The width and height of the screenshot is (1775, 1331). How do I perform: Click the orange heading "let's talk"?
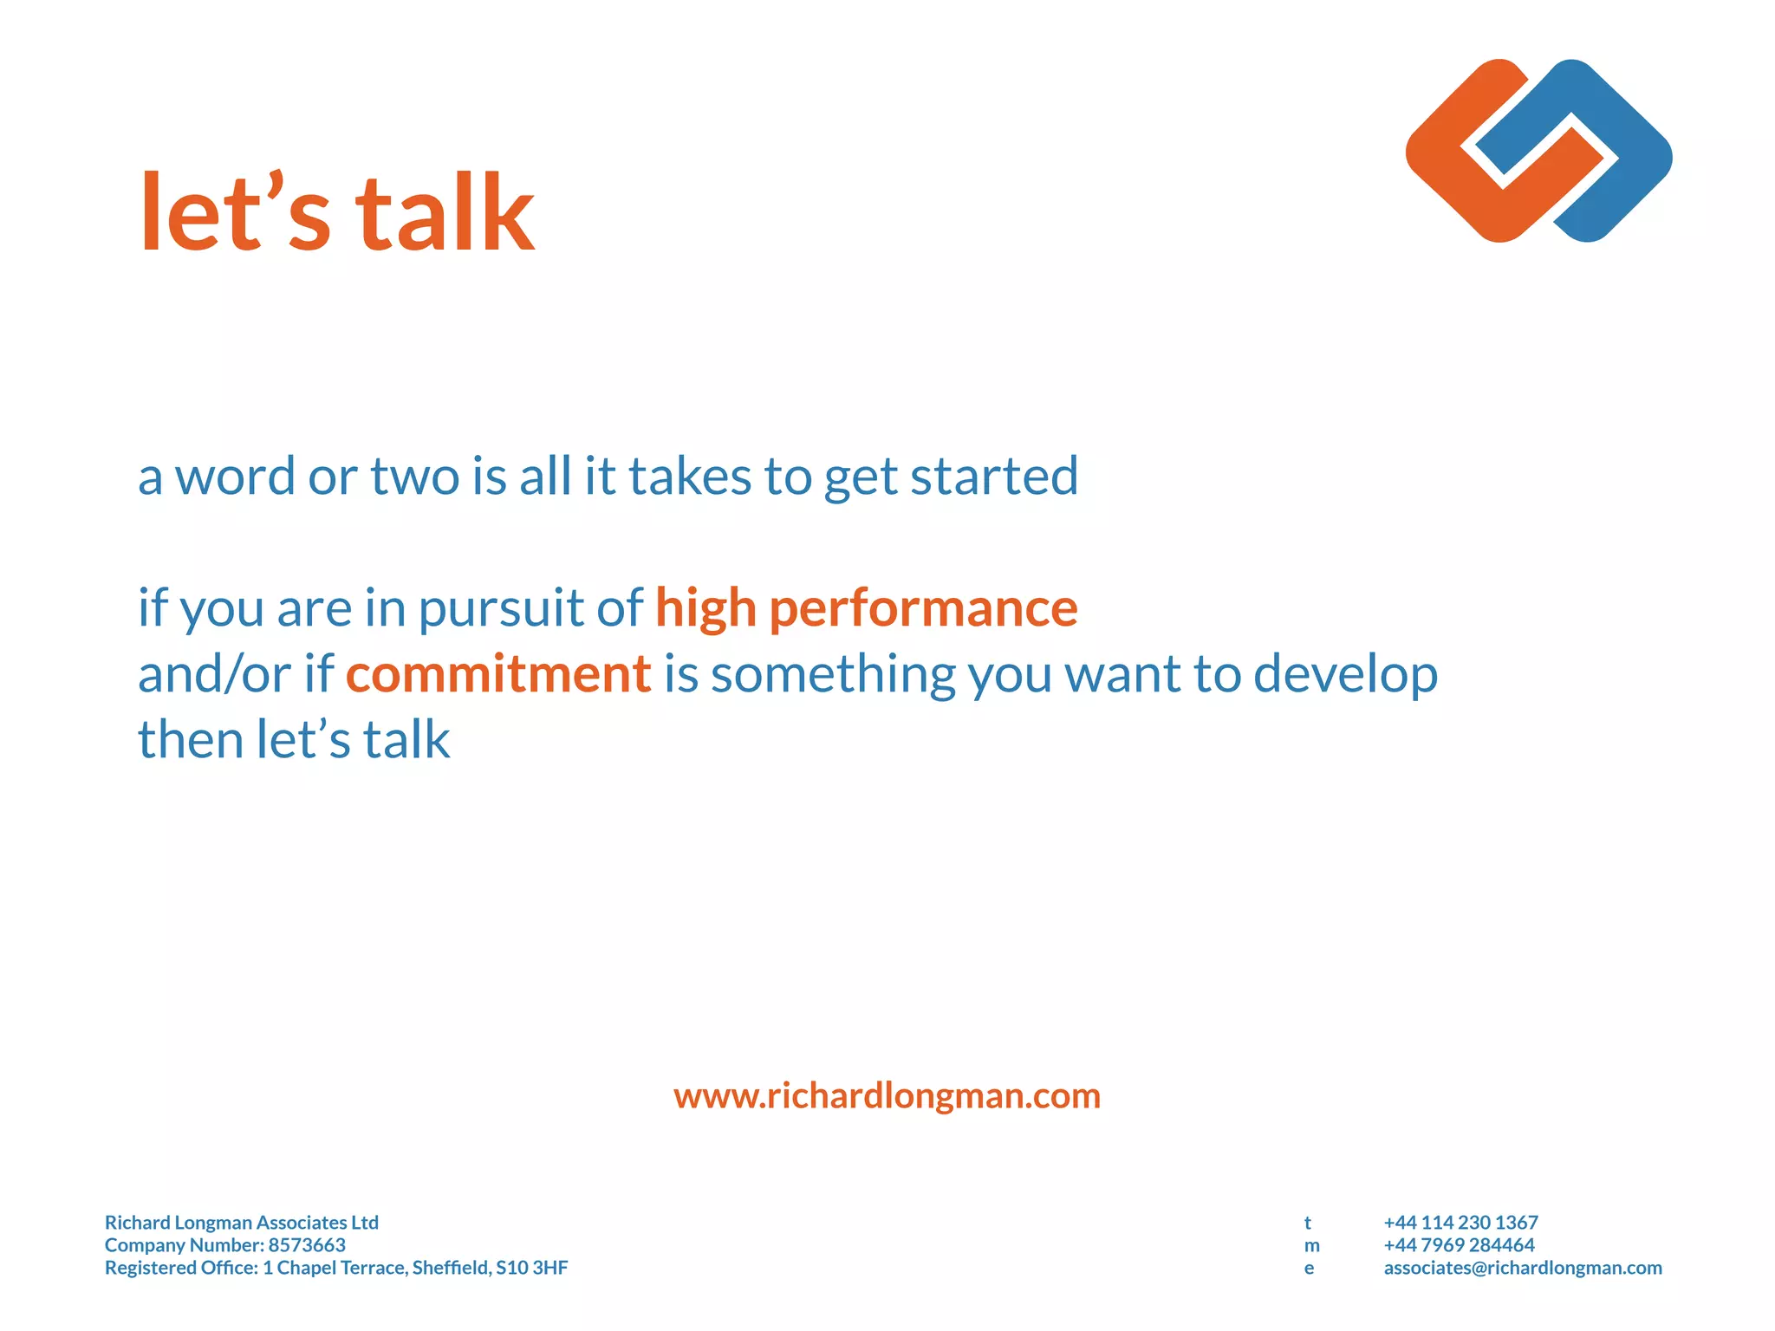336,213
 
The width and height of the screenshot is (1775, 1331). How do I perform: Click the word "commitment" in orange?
498,674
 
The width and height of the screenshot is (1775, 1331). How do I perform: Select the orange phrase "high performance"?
866,607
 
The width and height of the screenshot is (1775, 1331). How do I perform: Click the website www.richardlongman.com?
887,1096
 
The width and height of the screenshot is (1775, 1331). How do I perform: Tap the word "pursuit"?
501,609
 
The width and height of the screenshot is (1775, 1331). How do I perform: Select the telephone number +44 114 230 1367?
1460,1223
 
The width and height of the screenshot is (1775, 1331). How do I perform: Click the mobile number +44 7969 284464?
1459,1245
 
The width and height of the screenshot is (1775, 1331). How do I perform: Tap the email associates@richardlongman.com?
1522,1268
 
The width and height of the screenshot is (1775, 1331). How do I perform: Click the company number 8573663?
307,1245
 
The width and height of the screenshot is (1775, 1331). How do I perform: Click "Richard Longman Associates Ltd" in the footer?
242,1223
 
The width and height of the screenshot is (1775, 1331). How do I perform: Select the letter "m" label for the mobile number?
1311,1246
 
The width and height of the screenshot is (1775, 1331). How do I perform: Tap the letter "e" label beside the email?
1309,1269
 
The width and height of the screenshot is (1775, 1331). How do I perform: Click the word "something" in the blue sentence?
832,674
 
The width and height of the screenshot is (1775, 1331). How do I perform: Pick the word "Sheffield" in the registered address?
450,1268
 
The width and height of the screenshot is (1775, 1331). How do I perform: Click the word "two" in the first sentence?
415,477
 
